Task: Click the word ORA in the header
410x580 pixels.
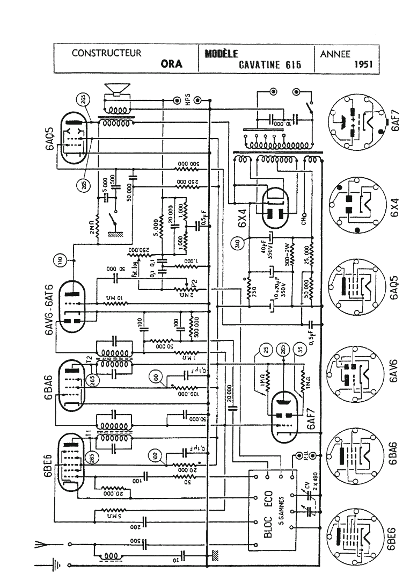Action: click(172, 63)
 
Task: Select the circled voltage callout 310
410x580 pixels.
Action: click(236, 244)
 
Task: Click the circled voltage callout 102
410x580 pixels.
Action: click(156, 456)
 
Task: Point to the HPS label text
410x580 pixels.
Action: click(188, 100)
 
